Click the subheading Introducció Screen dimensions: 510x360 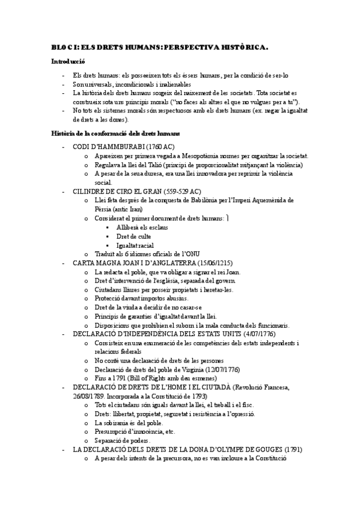(x=67, y=61)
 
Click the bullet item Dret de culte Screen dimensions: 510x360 (x=130, y=236)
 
